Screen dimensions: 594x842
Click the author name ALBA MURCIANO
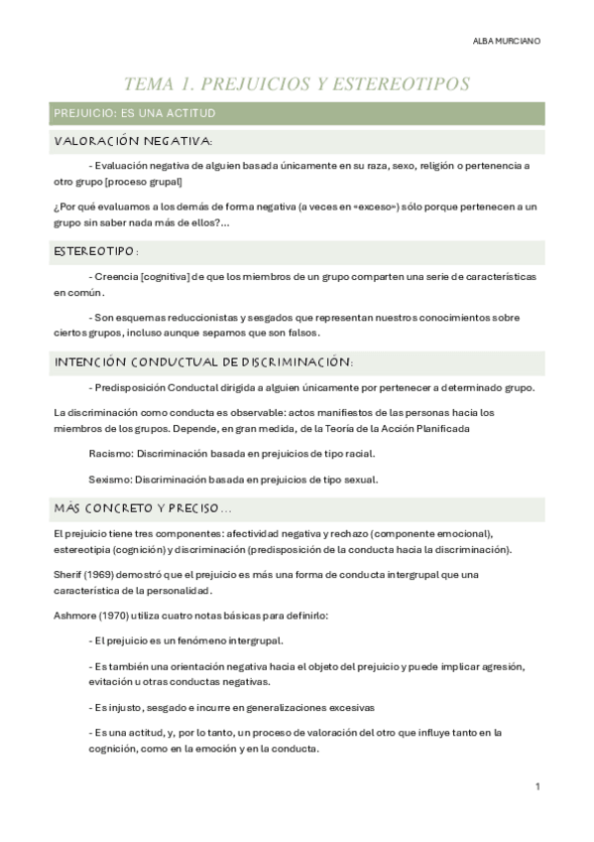tap(508, 42)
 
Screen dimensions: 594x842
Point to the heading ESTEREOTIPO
tap(94, 252)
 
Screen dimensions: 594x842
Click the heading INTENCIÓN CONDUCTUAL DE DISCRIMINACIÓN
tap(203, 362)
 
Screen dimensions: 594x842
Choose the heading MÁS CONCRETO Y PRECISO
tap(143, 509)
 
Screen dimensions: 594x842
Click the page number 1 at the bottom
tap(536, 786)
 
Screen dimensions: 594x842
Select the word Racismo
tap(109, 454)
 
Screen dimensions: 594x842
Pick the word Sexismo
tap(109, 479)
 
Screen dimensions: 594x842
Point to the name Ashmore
tap(73, 616)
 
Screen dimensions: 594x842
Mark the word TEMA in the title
tap(150, 84)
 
